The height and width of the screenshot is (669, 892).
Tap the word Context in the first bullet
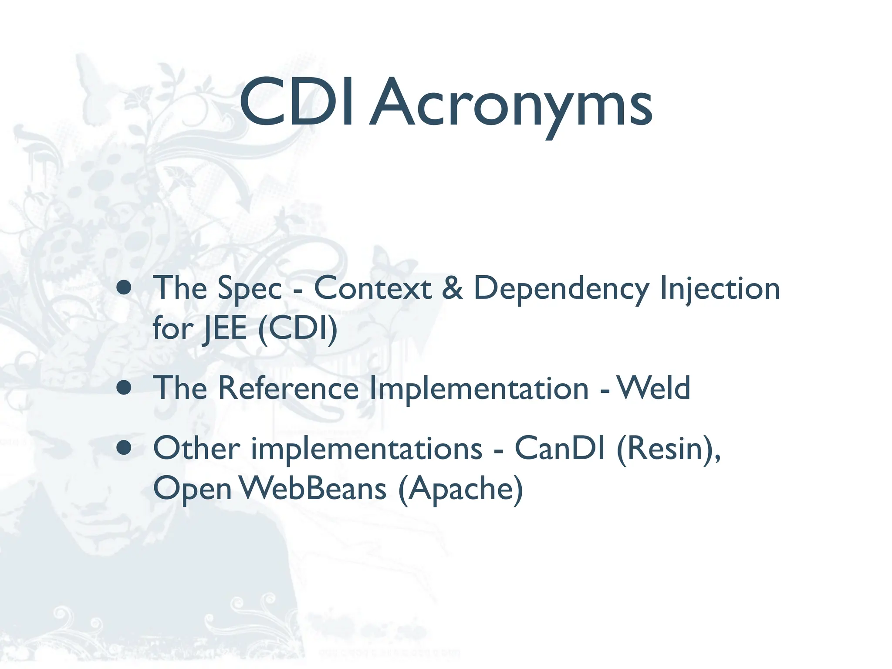[372, 288]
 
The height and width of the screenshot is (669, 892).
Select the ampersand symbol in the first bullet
[452, 288]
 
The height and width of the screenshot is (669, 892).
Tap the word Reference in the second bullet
[288, 388]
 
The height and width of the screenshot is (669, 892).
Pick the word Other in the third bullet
[196, 448]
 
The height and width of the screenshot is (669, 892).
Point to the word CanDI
[560, 448]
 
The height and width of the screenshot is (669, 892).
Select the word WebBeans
[313, 488]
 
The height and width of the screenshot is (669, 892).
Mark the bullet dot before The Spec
[125, 288]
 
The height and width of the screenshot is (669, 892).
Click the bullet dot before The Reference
[125, 388]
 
